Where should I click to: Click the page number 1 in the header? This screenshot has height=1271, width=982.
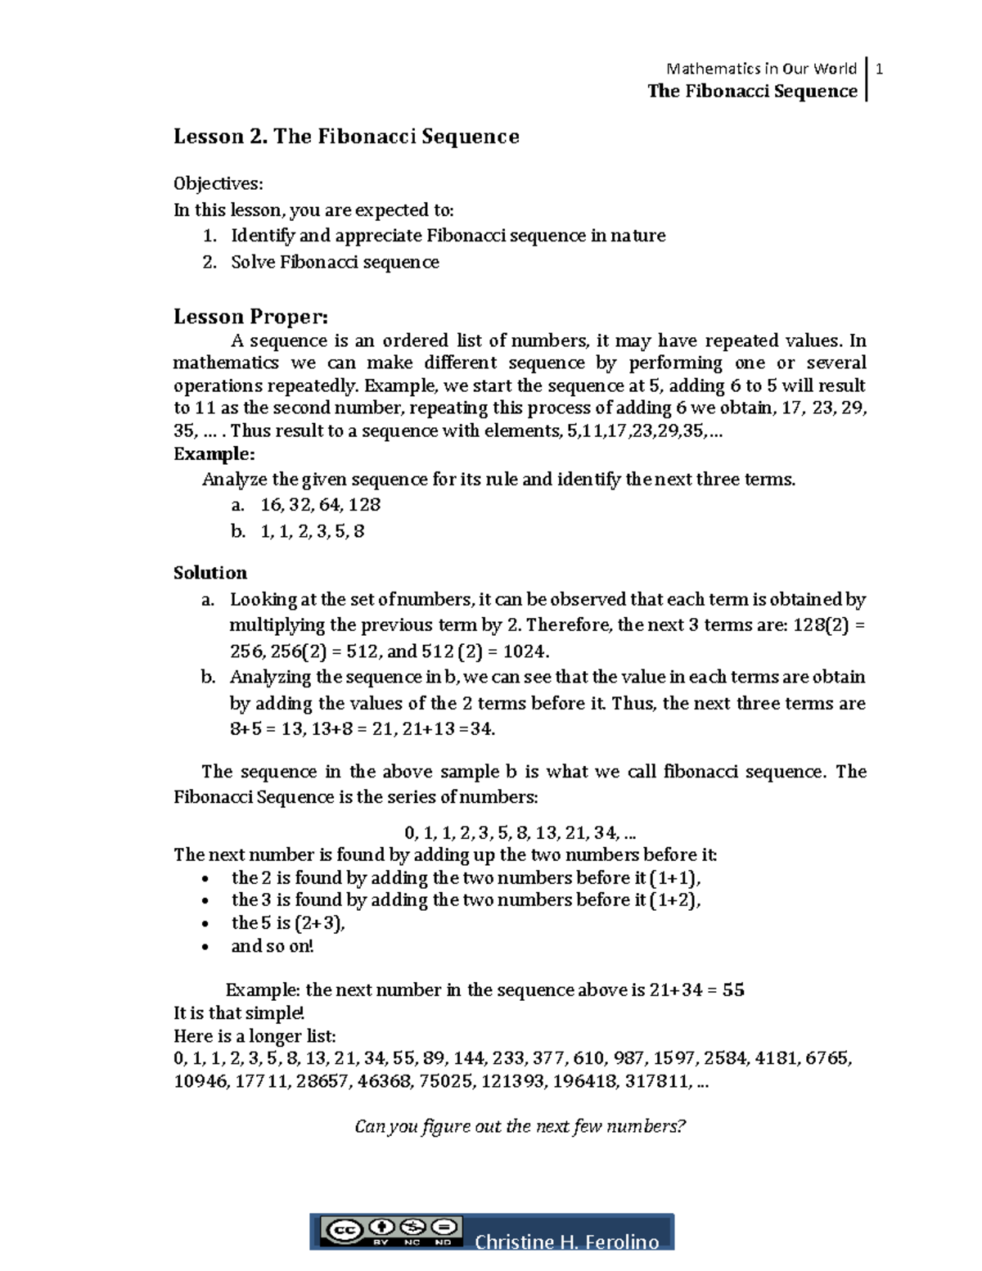pos(879,69)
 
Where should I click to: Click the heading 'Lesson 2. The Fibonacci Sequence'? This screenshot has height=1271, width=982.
pos(346,137)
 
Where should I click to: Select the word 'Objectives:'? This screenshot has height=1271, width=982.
pos(218,184)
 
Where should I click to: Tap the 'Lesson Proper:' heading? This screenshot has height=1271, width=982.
pos(250,316)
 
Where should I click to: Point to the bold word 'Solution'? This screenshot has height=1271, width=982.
pos(210,573)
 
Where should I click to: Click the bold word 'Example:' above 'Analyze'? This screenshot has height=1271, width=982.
pos(214,454)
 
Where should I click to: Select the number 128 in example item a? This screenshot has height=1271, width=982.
pos(365,505)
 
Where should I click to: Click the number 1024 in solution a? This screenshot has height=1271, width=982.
pos(525,651)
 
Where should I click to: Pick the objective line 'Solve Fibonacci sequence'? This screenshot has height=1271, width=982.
pos(335,263)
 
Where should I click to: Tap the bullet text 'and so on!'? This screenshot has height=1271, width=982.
pos(273,947)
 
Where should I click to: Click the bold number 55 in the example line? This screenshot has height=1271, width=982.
pos(733,990)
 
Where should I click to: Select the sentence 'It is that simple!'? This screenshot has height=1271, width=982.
pos(239,1013)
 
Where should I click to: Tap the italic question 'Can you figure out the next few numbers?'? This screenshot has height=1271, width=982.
pos(520,1127)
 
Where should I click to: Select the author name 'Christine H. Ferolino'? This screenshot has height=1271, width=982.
pos(566,1242)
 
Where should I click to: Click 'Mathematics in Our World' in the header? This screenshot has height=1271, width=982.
pos(761,69)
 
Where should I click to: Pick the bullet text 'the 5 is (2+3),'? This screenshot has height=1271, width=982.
pos(288,923)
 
